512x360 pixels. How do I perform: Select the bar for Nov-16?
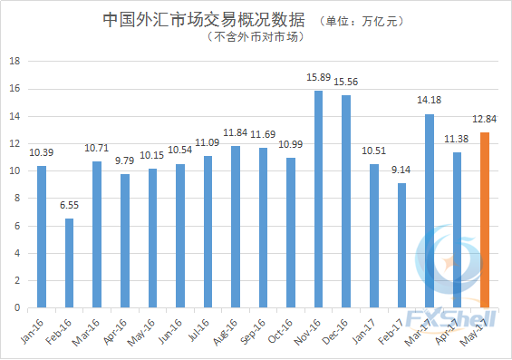(x=319, y=199)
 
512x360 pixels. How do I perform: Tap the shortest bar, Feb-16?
(x=69, y=263)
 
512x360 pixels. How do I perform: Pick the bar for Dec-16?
(x=346, y=201)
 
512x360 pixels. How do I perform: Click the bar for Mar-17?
(x=430, y=210)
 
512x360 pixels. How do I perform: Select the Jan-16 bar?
(x=42, y=237)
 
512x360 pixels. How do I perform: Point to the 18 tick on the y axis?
(x=14, y=62)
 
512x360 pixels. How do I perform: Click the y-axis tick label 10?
(x=14, y=171)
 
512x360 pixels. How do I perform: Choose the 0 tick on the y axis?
(x=16, y=308)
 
